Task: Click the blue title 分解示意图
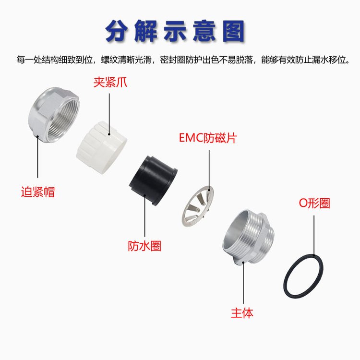[x=175, y=31]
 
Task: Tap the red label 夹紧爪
[x=110, y=82]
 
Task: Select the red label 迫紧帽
[x=38, y=192]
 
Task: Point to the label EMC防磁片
[x=208, y=138]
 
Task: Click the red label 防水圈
[x=144, y=246]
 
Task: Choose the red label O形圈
[x=314, y=203]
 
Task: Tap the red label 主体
[x=242, y=313]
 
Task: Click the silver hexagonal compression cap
[x=54, y=115]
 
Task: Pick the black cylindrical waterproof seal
[x=153, y=180]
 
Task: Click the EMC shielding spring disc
[x=198, y=206]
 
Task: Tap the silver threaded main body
[x=249, y=238]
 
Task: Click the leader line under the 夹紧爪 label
[x=109, y=114]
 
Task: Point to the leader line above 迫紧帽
[x=37, y=157]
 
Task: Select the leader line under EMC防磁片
[x=209, y=170]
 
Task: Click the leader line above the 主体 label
[x=243, y=283]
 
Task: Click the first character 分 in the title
[x=117, y=32]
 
